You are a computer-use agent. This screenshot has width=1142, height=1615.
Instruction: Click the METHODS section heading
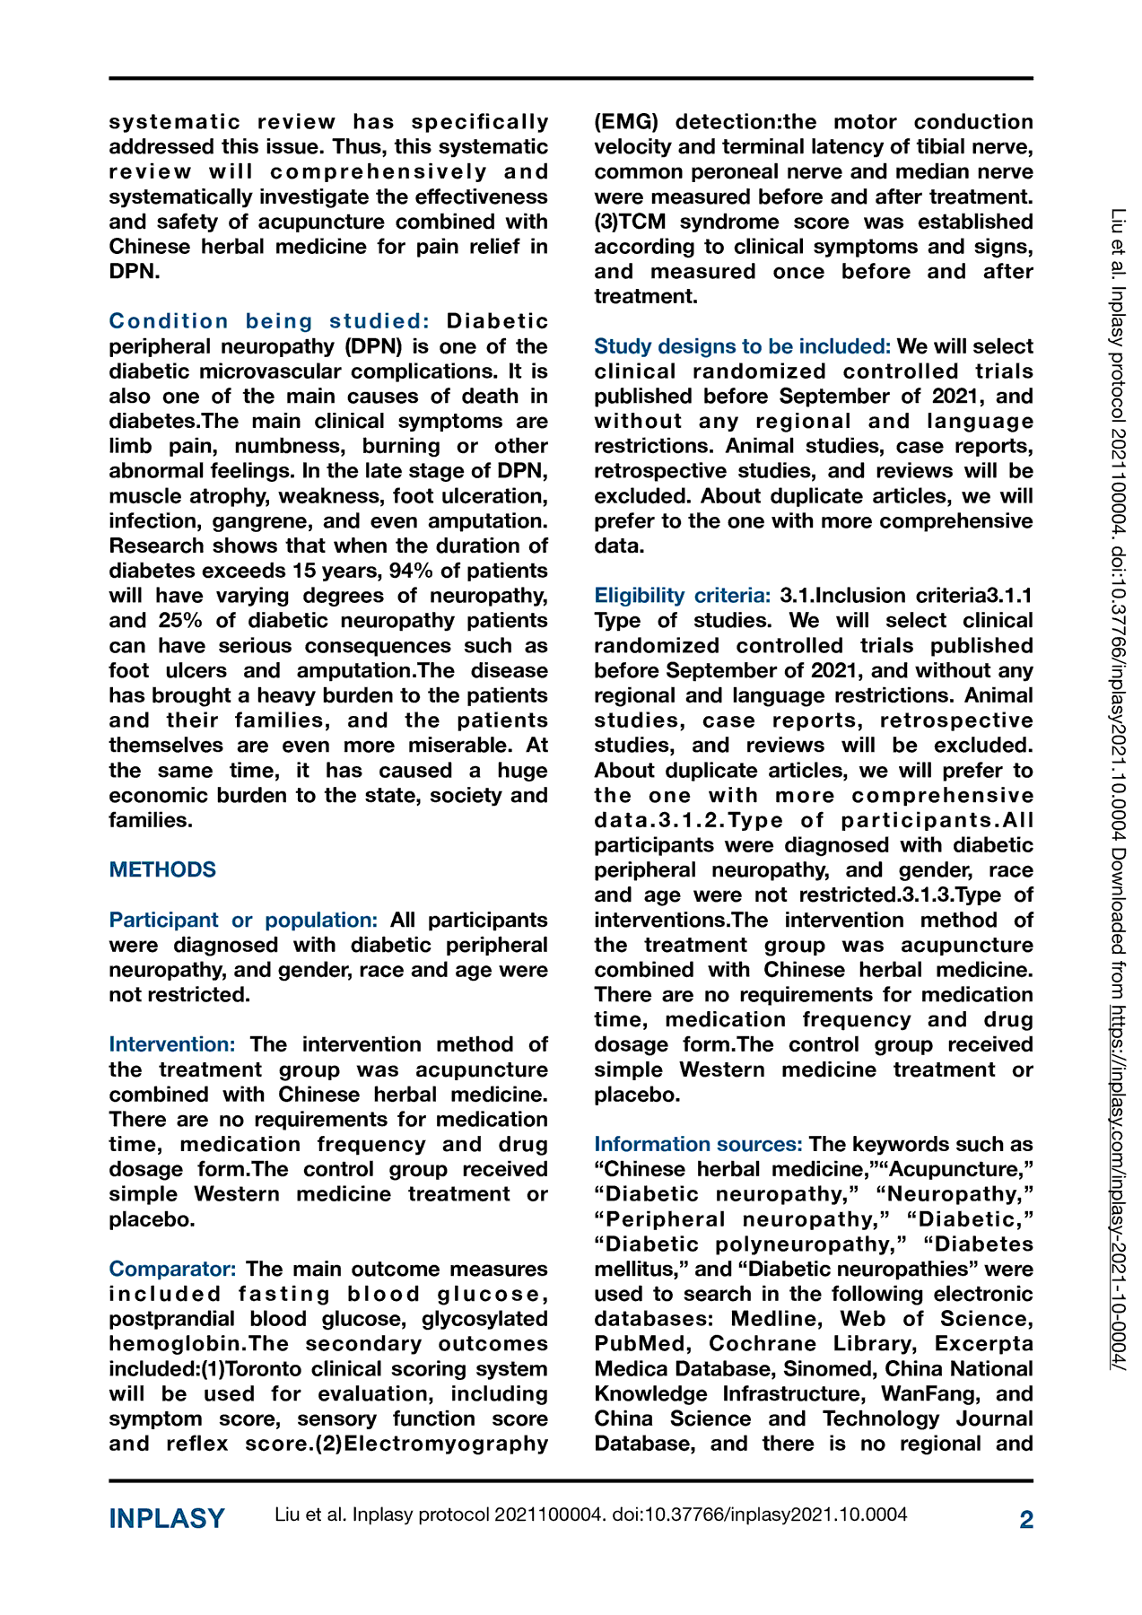coord(162,869)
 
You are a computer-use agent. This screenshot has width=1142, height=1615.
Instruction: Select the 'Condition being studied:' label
coord(269,321)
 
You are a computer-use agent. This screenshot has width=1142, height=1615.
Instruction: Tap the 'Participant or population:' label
coord(243,920)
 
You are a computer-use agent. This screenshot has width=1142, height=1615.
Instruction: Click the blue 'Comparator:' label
coord(173,1269)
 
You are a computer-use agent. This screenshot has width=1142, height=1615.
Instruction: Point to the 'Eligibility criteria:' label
coord(683,595)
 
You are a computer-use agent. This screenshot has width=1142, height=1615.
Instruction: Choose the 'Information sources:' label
coord(698,1144)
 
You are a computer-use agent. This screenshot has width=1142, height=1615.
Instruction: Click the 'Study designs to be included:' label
coord(742,346)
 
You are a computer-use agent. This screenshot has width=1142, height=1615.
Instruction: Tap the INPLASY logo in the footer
coord(167,1518)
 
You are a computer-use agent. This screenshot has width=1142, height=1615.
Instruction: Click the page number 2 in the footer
coord(1026,1519)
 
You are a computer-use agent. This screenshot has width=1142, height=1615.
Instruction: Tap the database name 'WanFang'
coord(931,1393)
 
